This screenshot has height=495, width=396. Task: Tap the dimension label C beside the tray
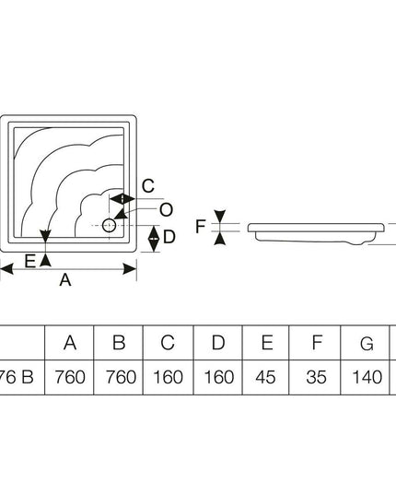pos(148,186)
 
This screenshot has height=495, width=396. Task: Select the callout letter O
pos(166,210)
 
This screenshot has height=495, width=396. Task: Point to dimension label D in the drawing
pos(169,237)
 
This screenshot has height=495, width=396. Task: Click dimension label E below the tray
pos(30,262)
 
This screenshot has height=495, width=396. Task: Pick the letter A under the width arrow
pos(65,279)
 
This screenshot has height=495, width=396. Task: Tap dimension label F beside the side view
pos(200,227)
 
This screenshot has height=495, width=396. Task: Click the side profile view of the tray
pos(316,233)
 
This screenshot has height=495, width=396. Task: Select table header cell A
pos(70,343)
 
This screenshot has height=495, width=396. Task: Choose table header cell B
pos(119,343)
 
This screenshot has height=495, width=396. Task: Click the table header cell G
pos(367,344)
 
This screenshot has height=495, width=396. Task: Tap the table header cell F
pos(317,343)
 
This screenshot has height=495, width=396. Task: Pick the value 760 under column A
pos(70,377)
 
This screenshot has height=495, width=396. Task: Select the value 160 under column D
pos(219,377)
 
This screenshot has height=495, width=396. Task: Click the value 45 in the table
pos(265,377)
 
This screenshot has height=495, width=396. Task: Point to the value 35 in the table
pos(316,377)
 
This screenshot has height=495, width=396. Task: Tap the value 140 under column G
pos(367,377)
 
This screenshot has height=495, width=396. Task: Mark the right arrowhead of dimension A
pos(130,269)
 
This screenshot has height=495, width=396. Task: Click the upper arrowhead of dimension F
pos(220,216)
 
